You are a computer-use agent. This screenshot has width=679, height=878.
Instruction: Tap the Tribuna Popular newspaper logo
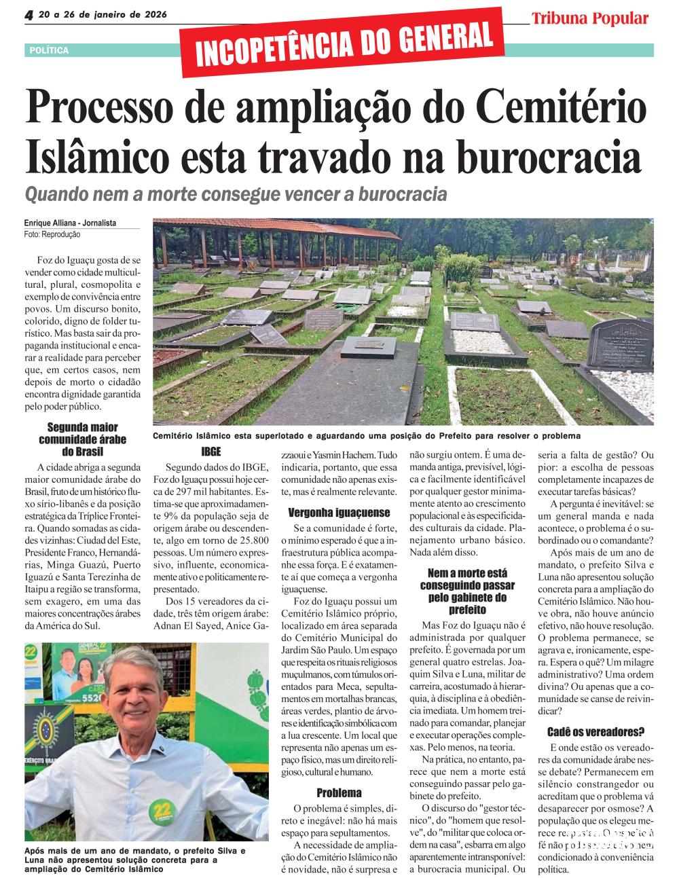point(589,18)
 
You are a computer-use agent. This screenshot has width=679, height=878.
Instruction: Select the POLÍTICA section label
point(50,50)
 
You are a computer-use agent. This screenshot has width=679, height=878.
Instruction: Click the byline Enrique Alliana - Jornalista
point(70,223)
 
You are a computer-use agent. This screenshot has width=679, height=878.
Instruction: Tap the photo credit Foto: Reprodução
point(52,234)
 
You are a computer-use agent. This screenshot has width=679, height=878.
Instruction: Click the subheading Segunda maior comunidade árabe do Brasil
point(82,439)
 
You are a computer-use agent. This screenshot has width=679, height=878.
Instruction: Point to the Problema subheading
point(339,792)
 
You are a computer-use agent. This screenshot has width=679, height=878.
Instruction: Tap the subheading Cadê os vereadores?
point(595,731)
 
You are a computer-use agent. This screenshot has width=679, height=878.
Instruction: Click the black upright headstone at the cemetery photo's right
point(621,344)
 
